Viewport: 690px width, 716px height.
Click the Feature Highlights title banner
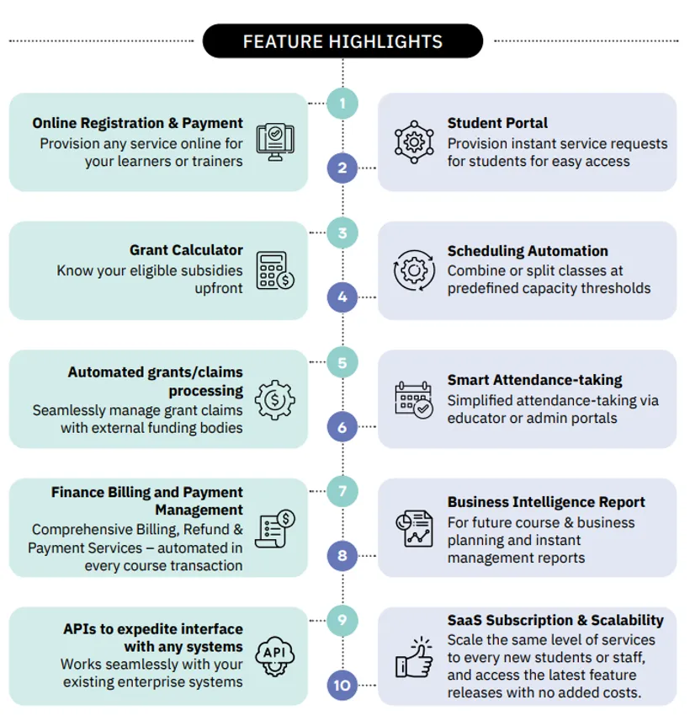point(342,41)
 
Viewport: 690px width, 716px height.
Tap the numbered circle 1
point(342,104)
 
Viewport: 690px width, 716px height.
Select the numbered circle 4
point(342,297)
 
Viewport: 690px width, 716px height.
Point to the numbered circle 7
point(342,491)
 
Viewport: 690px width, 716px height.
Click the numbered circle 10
point(342,685)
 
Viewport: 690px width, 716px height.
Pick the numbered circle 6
point(342,427)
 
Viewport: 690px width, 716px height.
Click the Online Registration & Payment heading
point(137,123)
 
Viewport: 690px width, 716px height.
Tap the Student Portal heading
point(497,123)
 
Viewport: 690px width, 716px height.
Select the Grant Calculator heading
point(186,250)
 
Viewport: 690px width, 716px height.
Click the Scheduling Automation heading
point(528,251)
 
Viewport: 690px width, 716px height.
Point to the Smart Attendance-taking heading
point(534,380)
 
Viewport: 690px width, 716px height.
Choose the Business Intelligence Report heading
point(546,502)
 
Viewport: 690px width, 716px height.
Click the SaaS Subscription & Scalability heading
point(555,620)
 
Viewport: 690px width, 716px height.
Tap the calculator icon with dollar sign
point(275,270)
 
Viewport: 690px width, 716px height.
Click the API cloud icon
point(275,656)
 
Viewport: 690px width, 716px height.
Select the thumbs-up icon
point(414,657)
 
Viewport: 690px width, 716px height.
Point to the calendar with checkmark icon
point(414,400)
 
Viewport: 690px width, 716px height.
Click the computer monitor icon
point(275,142)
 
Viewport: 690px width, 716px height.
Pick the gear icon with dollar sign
point(275,400)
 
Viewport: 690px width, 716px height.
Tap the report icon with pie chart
point(414,528)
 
